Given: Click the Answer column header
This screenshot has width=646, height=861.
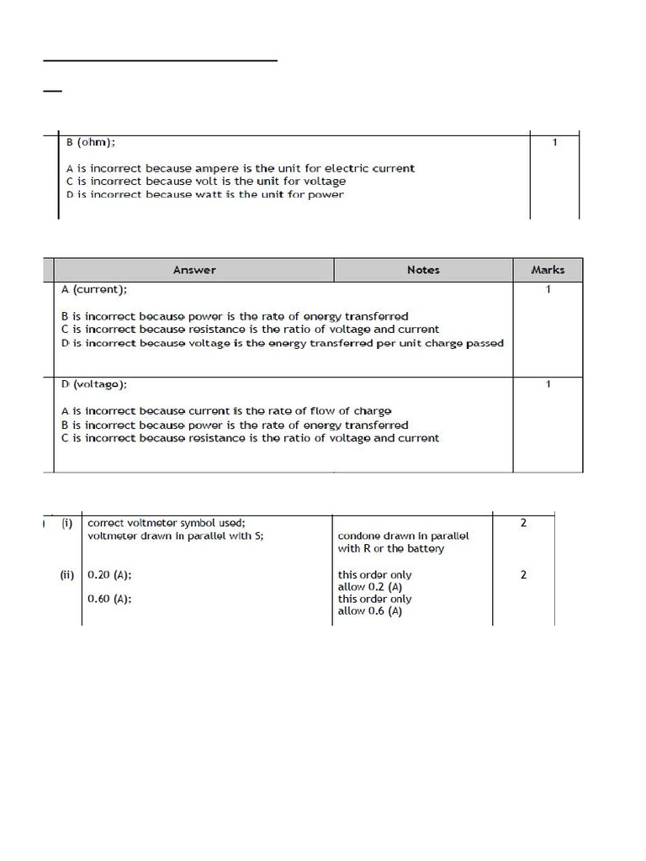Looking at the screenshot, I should (x=194, y=270).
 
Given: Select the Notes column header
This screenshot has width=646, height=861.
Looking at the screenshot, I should (x=423, y=270).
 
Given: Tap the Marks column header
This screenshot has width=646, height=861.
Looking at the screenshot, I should (x=548, y=270).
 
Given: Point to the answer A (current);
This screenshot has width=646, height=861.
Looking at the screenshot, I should (x=94, y=289).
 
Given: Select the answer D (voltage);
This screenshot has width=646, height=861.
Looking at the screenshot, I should (x=94, y=384).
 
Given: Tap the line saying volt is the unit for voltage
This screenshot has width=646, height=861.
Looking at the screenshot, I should (x=205, y=181).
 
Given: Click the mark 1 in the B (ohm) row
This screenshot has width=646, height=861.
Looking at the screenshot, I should (x=554, y=143).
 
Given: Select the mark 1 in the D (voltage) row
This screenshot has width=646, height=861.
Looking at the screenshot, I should (x=548, y=384).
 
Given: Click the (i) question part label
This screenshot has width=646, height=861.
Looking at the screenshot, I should (x=67, y=523).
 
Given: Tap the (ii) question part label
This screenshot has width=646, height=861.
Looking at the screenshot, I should (x=67, y=575).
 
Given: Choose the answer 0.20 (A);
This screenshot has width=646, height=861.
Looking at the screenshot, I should (x=110, y=575).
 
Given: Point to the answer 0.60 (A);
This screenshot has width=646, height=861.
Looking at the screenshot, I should (x=110, y=600).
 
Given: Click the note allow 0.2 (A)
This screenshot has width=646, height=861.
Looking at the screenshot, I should (x=370, y=587).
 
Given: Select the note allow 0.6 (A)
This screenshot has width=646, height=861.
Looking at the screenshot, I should (x=370, y=611).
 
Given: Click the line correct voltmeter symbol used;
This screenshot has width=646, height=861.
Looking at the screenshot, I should (x=167, y=523).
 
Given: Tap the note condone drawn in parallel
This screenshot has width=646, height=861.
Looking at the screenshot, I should (x=404, y=536).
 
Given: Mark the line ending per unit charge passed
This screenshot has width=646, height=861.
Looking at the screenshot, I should (x=283, y=343).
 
